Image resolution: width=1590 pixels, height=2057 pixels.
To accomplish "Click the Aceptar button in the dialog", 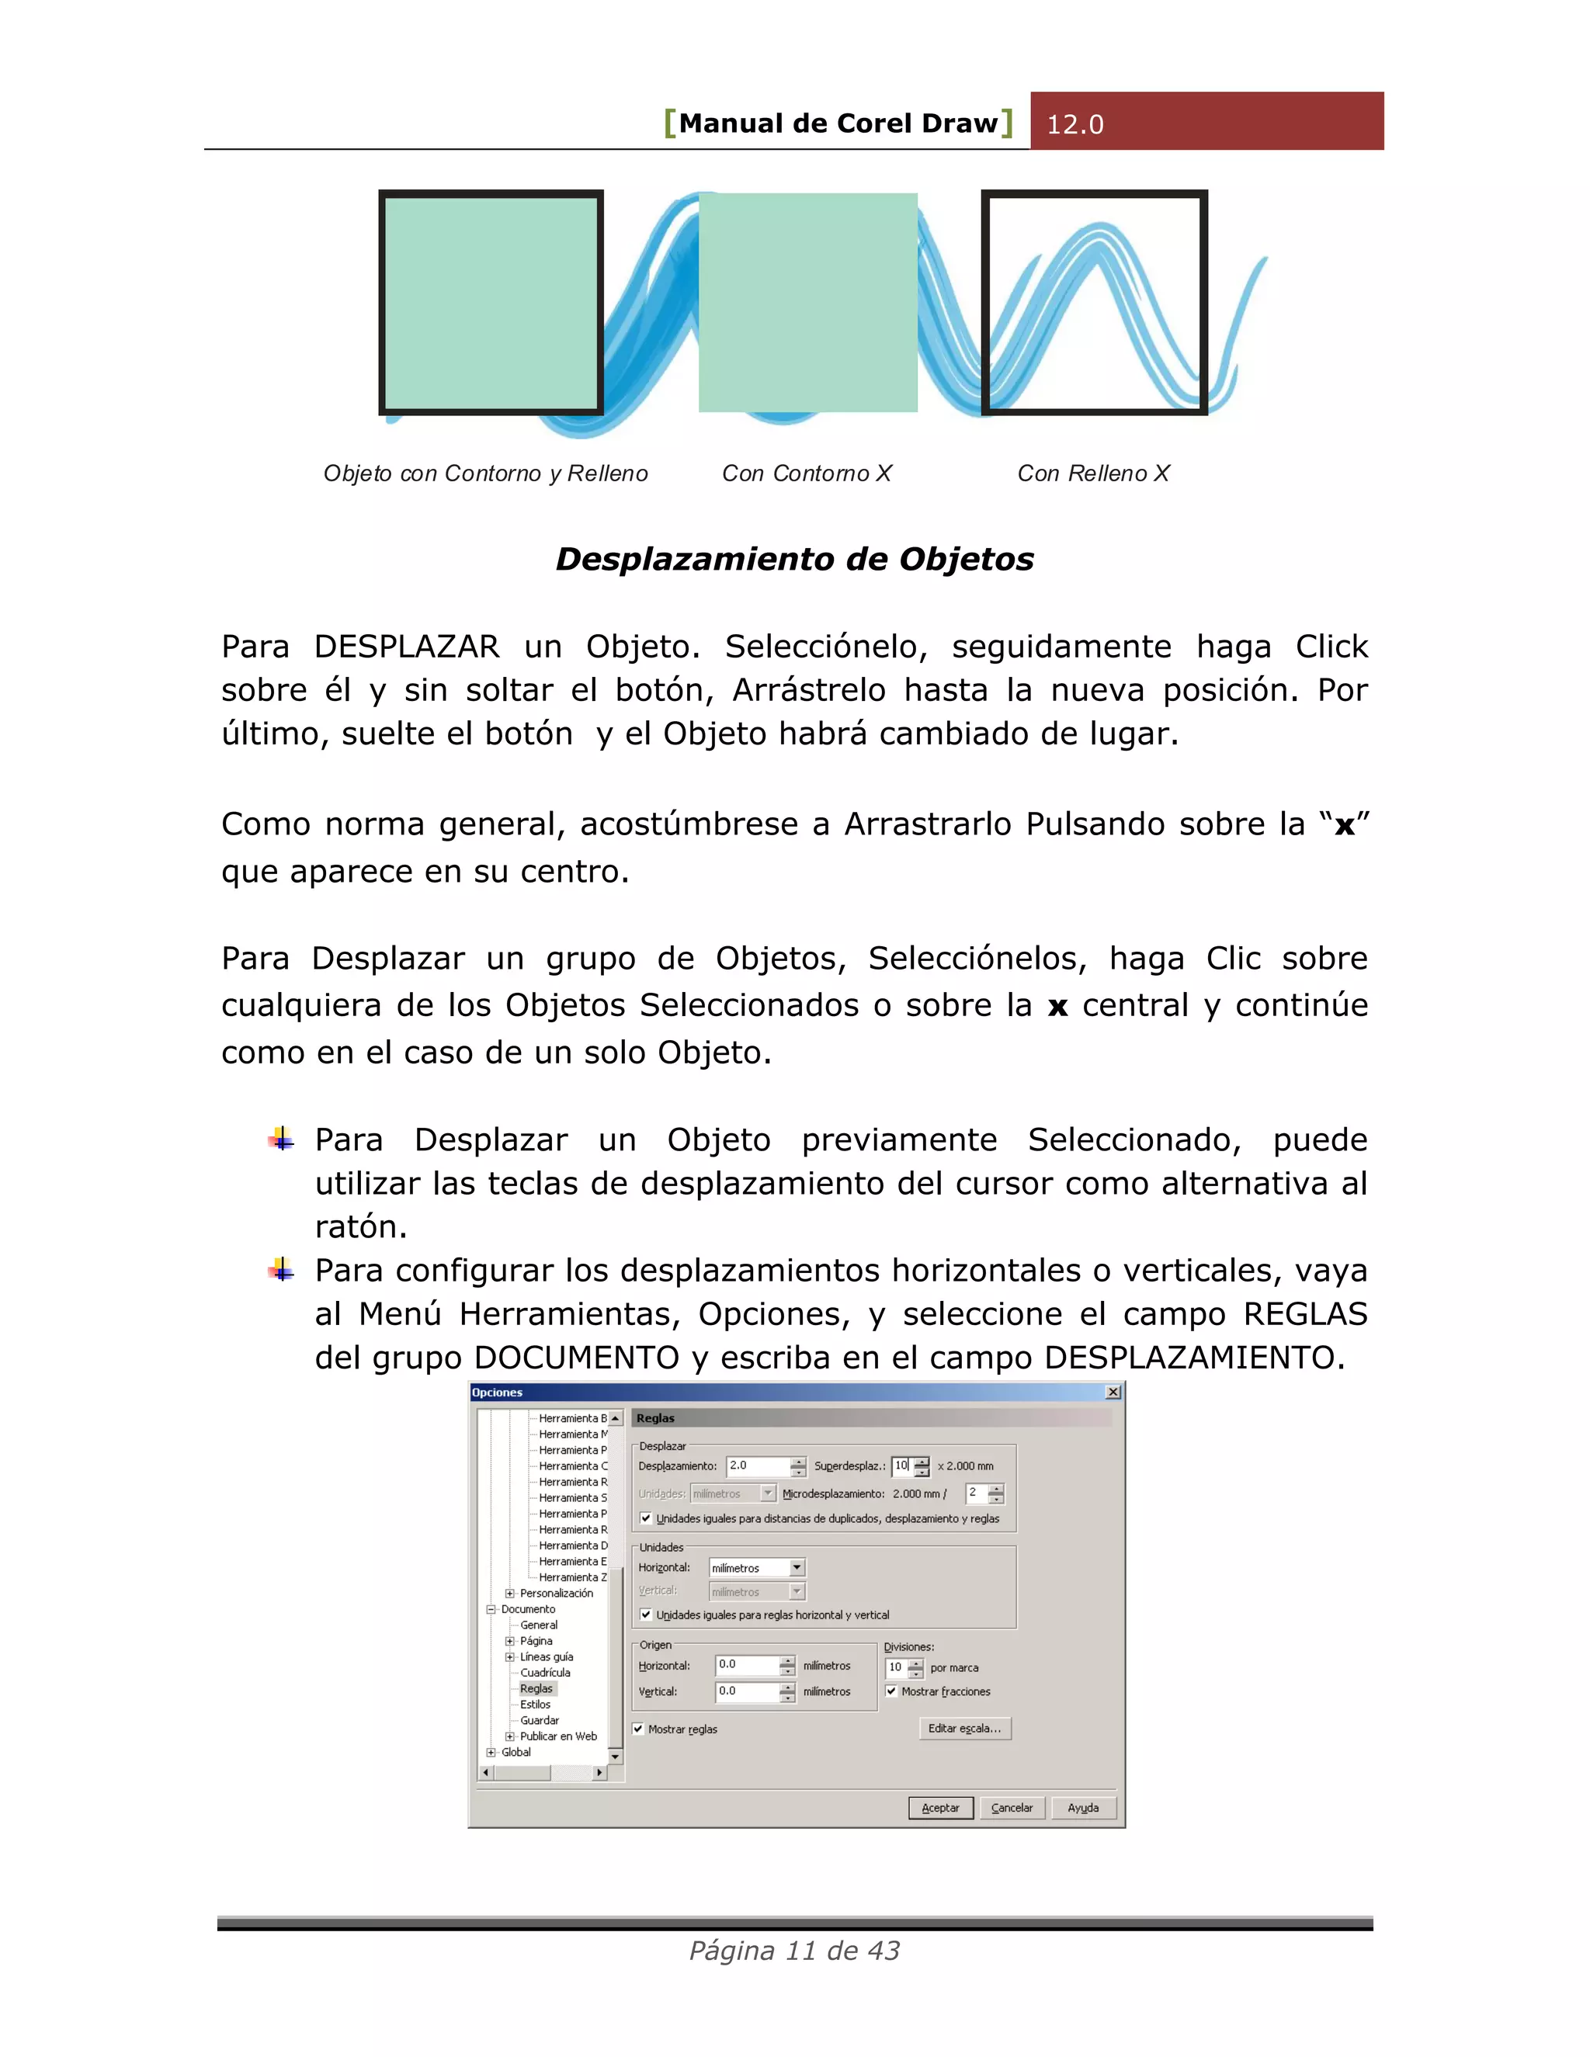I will (940, 1807).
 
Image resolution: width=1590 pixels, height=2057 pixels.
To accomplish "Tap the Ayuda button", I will (1082, 1807).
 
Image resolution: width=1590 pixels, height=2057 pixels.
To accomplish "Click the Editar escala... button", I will (963, 1729).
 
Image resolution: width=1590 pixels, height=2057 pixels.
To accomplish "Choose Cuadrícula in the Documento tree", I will (544, 1673).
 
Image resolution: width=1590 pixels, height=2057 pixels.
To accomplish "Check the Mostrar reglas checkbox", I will (639, 1729).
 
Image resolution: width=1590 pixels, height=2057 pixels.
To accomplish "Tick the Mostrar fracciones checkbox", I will (891, 1691).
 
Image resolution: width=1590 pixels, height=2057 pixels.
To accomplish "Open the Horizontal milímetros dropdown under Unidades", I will (797, 1568).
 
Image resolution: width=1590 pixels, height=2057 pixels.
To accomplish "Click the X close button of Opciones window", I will (1113, 1392).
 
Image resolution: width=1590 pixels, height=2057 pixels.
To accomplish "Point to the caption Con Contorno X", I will (807, 473).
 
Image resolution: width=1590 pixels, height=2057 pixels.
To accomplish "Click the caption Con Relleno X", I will (1092, 473).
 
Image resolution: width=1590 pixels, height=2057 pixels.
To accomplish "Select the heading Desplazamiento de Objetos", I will (794, 560).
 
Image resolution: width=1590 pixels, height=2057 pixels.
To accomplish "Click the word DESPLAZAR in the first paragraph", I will (406, 647).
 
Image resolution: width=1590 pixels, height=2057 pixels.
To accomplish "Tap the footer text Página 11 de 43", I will (794, 1951).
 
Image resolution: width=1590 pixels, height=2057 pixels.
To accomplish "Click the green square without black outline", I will (807, 302).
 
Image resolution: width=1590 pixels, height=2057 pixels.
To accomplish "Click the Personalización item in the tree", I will (556, 1594).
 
